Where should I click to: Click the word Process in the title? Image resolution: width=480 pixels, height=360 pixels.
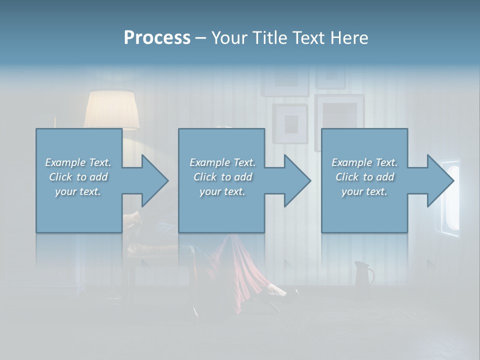coord(157,38)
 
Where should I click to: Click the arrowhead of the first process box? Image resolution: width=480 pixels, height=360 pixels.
coord(155,180)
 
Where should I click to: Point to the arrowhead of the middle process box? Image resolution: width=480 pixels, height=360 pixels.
coord(297,180)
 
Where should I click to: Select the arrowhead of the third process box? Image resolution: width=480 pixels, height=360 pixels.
coord(440,180)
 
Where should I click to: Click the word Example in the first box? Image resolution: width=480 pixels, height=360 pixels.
coord(65,162)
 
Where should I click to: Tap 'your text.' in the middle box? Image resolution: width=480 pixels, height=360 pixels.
coord(222,191)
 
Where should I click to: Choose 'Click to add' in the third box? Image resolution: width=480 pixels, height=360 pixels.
coord(364,177)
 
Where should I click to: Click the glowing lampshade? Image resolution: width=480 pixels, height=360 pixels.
coord(111,110)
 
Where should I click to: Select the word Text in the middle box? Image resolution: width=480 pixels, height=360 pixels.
coord(245,162)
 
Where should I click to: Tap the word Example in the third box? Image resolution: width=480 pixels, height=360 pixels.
coord(351,162)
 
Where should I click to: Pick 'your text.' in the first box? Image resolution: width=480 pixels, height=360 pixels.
coord(78,191)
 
